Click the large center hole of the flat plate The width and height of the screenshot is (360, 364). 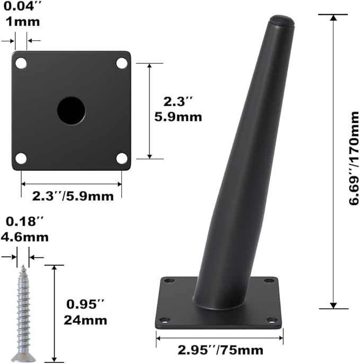click(x=71, y=111)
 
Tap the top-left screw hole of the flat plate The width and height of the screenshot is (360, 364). click(x=21, y=63)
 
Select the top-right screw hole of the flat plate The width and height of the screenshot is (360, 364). click(x=122, y=63)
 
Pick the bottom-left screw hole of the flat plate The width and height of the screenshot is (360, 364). click(x=21, y=158)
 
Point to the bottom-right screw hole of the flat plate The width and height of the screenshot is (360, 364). click(x=122, y=158)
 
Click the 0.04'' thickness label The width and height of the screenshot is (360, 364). click(x=22, y=6)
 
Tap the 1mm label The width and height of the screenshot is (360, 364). click(x=23, y=22)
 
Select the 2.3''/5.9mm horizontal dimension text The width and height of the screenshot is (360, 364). click(x=73, y=196)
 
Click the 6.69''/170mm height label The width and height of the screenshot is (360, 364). click(x=354, y=158)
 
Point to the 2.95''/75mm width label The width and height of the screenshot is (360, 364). click(x=221, y=350)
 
